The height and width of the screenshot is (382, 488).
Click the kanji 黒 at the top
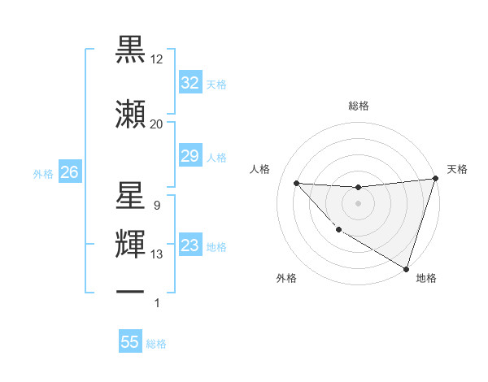(131, 51)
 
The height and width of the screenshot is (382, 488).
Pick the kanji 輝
(131, 245)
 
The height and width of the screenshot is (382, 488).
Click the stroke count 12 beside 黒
(157, 60)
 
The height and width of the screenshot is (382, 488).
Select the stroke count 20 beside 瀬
(157, 124)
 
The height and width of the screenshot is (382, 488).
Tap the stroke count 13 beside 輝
(157, 254)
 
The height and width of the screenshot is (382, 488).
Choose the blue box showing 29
(190, 156)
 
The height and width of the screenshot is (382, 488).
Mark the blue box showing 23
(190, 245)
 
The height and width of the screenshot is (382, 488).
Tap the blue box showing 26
(69, 172)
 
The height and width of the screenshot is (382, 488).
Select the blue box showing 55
(130, 342)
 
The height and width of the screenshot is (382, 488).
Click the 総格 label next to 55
(157, 344)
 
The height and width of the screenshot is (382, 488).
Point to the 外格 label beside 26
(43, 173)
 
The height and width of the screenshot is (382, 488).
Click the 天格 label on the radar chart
(457, 169)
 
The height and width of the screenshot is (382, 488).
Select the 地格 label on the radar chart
(426, 278)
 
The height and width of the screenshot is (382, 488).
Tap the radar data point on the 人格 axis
(296, 183)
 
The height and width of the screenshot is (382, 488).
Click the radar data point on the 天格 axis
(435, 179)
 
